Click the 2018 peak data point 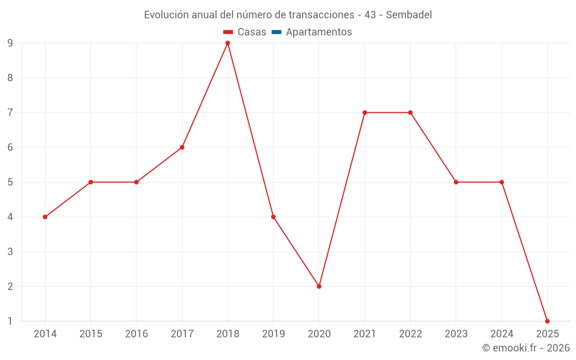pos(228,43)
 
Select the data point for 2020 pos(319,286)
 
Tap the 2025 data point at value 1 pos(547,321)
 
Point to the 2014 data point pos(45,217)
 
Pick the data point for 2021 pos(365,112)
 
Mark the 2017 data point pos(182,147)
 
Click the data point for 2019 pos(274,217)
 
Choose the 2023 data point pos(456,182)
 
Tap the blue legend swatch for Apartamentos pos(276,32)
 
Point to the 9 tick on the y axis pos(10,43)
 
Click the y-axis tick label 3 pos(10,252)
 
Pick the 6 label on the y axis pos(10,147)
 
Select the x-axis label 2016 pos(137,334)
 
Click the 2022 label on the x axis pos(410,334)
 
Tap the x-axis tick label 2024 pos(502,334)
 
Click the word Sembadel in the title pos(408,15)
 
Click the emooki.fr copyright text pos(526,348)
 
